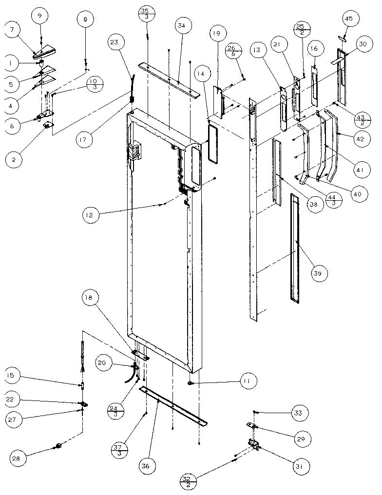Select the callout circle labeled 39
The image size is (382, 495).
[318, 274]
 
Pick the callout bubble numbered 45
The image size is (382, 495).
[349, 19]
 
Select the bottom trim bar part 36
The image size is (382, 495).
[173, 405]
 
